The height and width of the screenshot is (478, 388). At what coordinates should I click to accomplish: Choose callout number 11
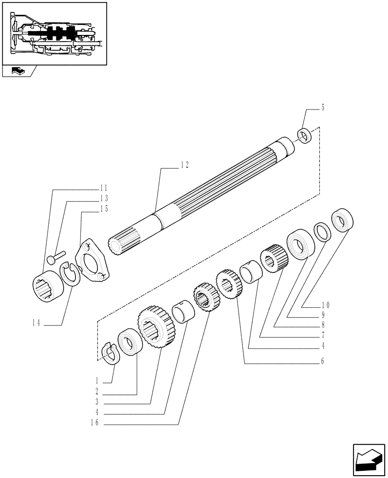[x=103, y=188]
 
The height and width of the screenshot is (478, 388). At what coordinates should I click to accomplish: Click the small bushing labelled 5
[x=304, y=135]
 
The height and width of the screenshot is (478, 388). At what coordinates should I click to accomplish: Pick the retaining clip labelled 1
[x=111, y=354]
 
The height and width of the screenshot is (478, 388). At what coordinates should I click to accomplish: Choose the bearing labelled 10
[x=343, y=221]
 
